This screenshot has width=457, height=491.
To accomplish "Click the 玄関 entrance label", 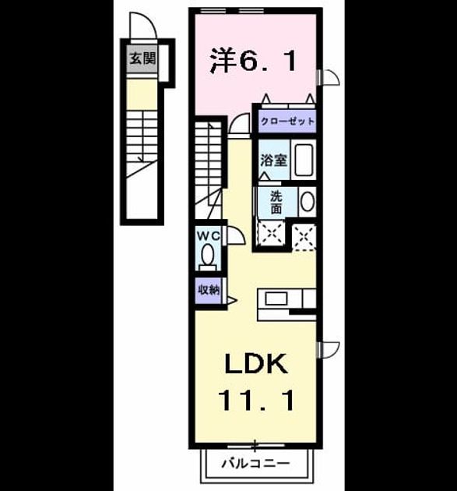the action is pyautogui.click(x=142, y=58).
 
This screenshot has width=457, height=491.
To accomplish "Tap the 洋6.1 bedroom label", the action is pyautogui.click(x=253, y=61).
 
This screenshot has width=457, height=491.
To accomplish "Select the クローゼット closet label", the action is pyautogui.click(x=287, y=121).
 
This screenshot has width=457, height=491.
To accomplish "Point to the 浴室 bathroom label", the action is pyautogui.click(x=274, y=161).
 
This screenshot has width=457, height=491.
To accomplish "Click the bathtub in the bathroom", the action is pyautogui.click(x=303, y=160).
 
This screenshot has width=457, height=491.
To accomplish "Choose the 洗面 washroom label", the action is pyautogui.click(x=276, y=203).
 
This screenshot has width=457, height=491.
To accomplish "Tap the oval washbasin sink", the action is pyautogui.click(x=308, y=201).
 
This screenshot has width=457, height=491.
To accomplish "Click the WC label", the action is pyautogui.click(x=209, y=236).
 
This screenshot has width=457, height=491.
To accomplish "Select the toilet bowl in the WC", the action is pyautogui.click(x=208, y=256).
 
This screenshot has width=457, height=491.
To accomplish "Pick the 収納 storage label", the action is pyautogui.click(x=209, y=290).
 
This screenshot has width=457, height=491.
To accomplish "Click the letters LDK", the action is pyautogui.click(x=256, y=363).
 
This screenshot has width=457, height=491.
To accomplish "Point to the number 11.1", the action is pyautogui.click(x=256, y=400).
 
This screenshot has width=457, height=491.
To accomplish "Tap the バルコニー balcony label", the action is pyautogui.click(x=255, y=463).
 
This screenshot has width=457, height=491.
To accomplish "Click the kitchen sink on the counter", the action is pyautogui.click(x=276, y=298).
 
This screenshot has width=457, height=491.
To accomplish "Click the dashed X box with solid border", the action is pyautogui.click(x=271, y=234).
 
